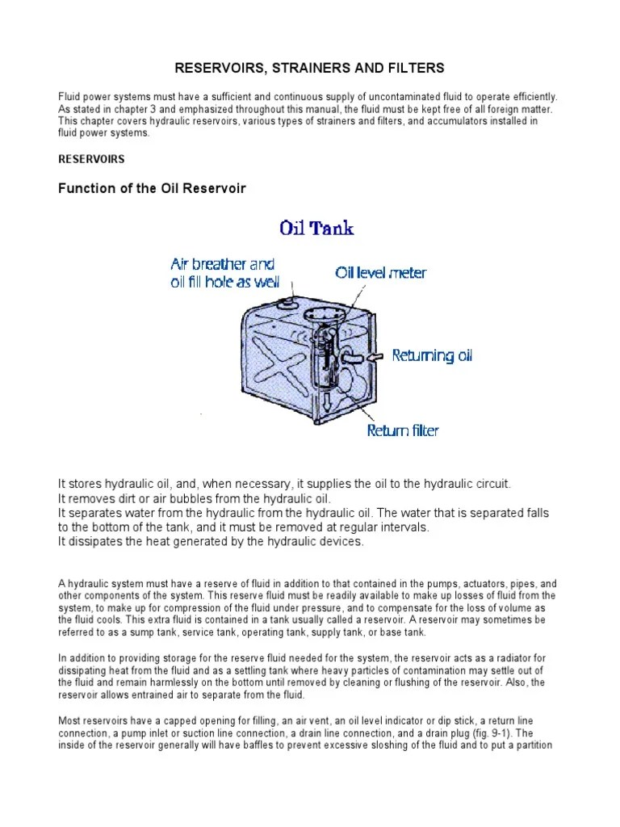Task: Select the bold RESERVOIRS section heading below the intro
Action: pyautogui.click(x=90, y=160)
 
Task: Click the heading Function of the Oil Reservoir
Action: pyautogui.click(x=152, y=189)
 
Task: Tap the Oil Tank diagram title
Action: pyautogui.click(x=316, y=228)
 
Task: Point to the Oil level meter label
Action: pyautogui.click(x=381, y=273)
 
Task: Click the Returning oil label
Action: pyautogui.click(x=432, y=355)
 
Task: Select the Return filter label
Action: pyautogui.click(x=403, y=430)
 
